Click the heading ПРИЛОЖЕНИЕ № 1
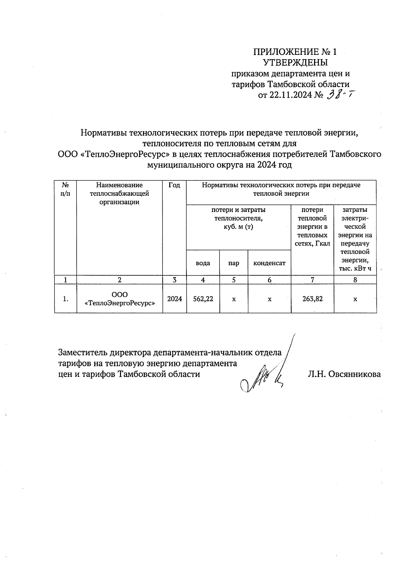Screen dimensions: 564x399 coord(295,52)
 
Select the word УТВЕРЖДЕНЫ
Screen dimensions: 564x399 coord(295,62)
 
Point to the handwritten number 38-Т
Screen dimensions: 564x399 coord(339,95)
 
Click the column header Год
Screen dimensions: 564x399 coord(174,185)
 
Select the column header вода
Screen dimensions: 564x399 coord(203,263)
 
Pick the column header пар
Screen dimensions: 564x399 coord(234,263)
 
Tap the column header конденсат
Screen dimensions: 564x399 coord(269,263)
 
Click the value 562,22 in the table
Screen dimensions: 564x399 coord(203,299)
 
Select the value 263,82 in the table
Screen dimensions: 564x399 coord(312,299)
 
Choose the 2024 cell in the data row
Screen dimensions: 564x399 coord(174,299)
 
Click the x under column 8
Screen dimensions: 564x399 coord(355,299)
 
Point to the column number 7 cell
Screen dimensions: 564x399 coord(312,280)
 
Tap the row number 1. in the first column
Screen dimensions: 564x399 coord(66,299)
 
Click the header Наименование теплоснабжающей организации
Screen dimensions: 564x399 coord(119,193)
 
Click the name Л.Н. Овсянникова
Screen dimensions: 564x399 coord(344,374)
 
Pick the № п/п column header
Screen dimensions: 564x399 coord(66,189)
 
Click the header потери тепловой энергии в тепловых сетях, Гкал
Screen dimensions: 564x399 coord(312,227)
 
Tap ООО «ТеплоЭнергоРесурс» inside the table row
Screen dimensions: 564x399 coord(119,299)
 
